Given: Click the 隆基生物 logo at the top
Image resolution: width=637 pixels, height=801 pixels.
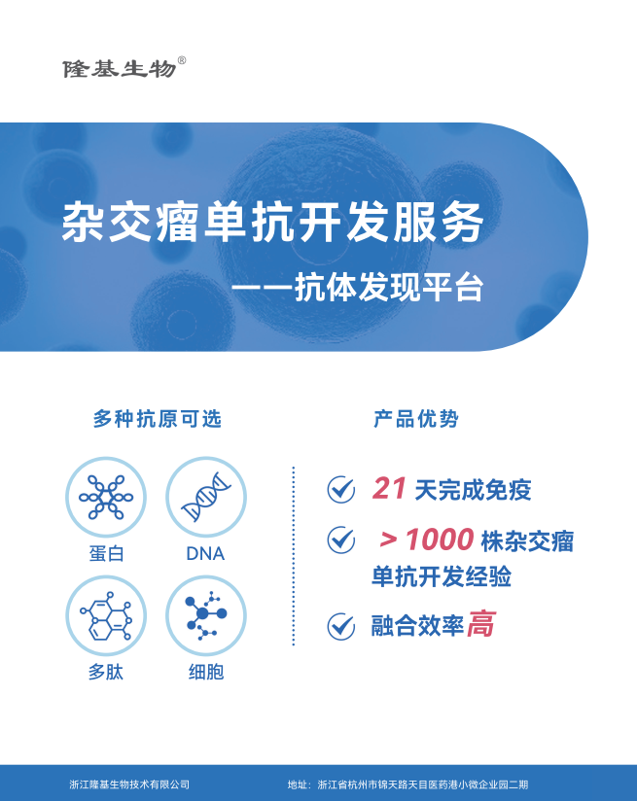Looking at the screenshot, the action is (120, 68).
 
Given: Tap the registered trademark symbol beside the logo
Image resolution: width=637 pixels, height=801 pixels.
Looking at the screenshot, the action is (182, 60).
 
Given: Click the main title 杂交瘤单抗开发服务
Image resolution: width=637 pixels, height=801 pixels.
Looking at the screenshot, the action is (272, 222).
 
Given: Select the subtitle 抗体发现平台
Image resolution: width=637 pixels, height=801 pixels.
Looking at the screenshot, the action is (389, 287).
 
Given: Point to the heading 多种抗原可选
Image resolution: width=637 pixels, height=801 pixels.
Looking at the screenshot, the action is (157, 419).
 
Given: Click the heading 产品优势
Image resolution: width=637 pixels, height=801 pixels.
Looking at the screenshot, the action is (416, 419).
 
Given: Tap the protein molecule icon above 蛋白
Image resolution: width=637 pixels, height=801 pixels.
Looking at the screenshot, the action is (106, 497).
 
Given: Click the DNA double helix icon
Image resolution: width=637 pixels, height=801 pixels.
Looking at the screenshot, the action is (206, 497).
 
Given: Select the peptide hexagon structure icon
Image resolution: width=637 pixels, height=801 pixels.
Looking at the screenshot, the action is (106, 615).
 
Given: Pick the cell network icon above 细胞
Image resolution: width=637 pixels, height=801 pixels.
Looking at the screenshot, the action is (206, 615).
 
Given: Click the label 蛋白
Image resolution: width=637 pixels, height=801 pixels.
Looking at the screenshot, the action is (106, 554).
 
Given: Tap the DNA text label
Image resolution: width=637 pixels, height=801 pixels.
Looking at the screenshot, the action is (205, 554).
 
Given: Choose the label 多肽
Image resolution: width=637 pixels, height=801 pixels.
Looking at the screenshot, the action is (106, 672).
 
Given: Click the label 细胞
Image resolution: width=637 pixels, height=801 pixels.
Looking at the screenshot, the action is (206, 672).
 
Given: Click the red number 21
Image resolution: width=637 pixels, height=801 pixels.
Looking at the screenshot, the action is (389, 488).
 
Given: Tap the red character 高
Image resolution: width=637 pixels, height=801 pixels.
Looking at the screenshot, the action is (481, 624).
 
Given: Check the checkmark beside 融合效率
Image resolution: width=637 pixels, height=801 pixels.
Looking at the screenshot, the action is (341, 626).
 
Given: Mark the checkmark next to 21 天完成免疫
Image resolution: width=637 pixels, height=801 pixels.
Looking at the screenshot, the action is (341, 489).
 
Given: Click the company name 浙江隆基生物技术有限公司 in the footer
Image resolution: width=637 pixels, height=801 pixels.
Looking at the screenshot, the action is (129, 784).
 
